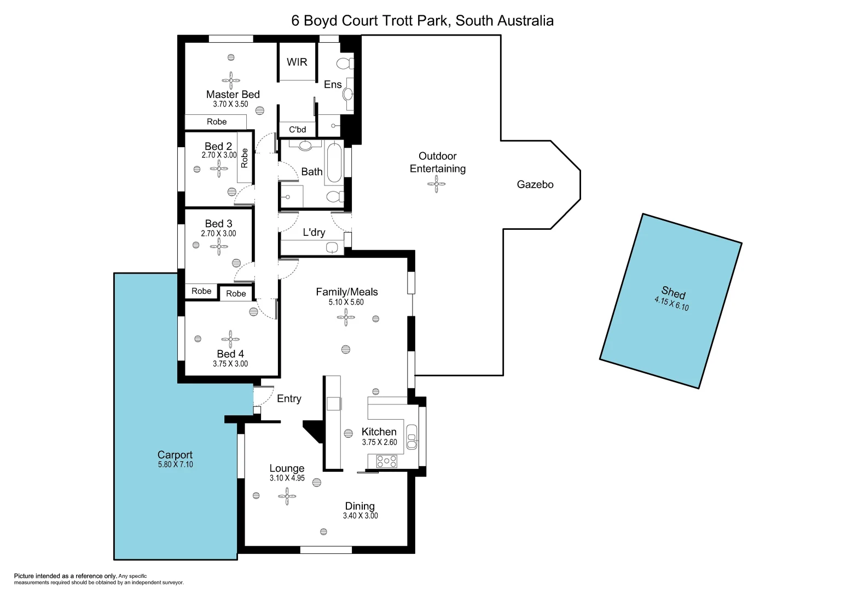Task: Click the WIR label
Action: [x=297, y=62]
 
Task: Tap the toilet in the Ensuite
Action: [x=345, y=63]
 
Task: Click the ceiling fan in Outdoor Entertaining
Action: [x=436, y=184]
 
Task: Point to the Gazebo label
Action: [x=535, y=185]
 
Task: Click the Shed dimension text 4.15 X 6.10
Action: [x=671, y=303]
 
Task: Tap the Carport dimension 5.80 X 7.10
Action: [x=175, y=465]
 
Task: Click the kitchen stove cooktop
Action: [x=386, y=461]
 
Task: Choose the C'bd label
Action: [x=297, y=130]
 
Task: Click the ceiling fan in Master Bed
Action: [x=231, y=80]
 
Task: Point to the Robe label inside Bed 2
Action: [x=245, y=158]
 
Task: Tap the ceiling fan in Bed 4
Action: [x=230, y=339]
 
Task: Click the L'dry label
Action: [x=314, y=233]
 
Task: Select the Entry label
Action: [x=289, y=399]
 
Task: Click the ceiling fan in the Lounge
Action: [x=287, y=496]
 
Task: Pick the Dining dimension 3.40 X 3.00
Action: [x=360, y=516]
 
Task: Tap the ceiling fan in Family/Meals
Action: [x=346, y=317]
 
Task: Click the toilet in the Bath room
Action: [x=333, y=196]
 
